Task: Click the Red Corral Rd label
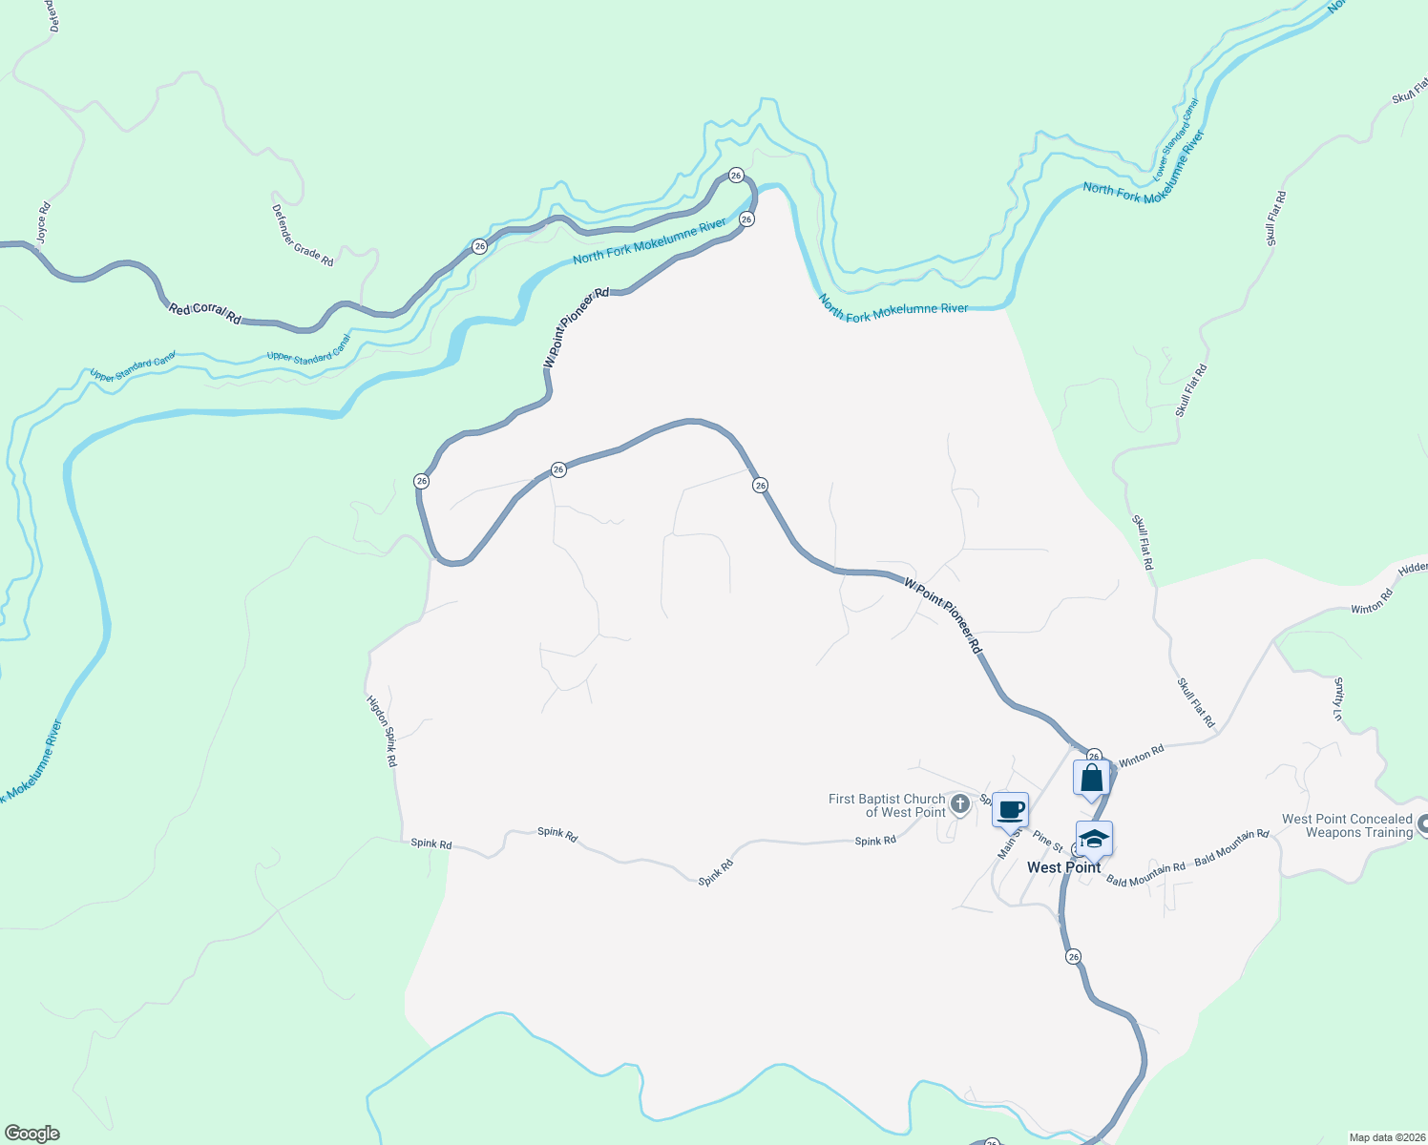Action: (x=204, y=312)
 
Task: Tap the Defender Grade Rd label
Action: (x=303, y=236)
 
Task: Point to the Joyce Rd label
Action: (x=42, y=221)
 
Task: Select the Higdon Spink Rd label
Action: (x=382, y=731)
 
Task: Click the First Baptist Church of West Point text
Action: (x=887, y=805)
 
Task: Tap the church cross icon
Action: (x=960, y=804)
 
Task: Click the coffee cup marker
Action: (x=1011, y=810)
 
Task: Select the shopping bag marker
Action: (x=1092, y=778)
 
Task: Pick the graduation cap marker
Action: (x=1094, y=839)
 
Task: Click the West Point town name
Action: (x=1063, y=867)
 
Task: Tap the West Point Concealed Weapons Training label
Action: (x=1346, y=825)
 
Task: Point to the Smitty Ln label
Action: (x=1338, y=698)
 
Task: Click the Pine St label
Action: (x=1047, y=841)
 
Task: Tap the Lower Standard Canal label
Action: (x=1175, y=140)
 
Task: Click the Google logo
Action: (x=31, y=1134)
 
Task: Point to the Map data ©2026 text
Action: (x=1387, y=1137)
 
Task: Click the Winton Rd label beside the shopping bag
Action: (x=1142, y=756)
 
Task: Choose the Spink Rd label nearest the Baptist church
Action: (x=875, y=841)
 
